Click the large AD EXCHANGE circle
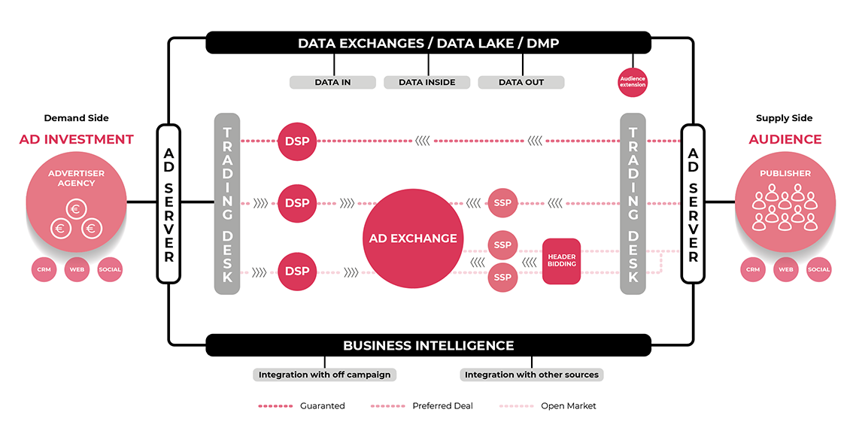tap(412, 238)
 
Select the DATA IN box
tap(332, 82)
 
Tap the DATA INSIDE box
tap(426, 82)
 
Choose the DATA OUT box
tap(521, 82)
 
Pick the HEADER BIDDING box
tap(561, 261)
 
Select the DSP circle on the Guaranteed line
tap(297, 141)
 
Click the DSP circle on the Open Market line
tap(297, 271)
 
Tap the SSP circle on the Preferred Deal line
tap(502, 202)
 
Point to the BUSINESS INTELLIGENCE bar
tap(428, 346)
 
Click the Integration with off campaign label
tap(325, 375)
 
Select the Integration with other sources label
tap(531, 375)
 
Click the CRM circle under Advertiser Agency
tap(44, 269)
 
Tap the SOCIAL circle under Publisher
tap(818, 269)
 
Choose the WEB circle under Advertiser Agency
tap(77, 269)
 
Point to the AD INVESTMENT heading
tap(77, 140)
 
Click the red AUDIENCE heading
tap(785, 140)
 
